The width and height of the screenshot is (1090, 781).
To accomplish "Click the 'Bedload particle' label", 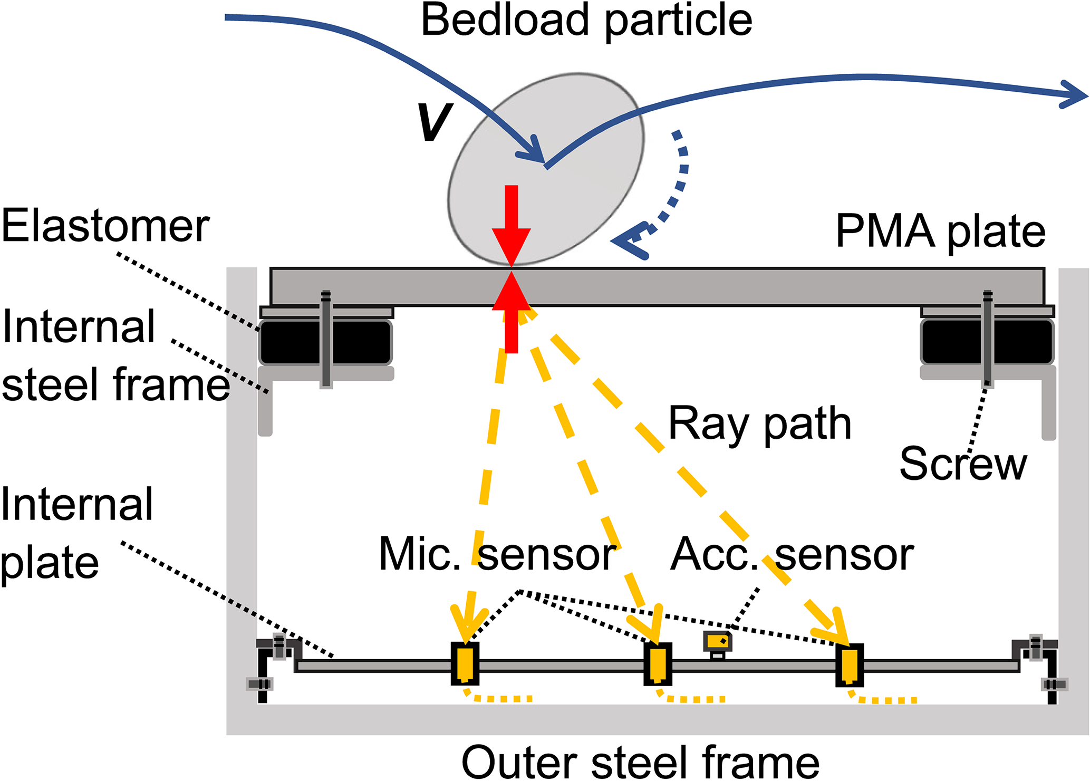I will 586,21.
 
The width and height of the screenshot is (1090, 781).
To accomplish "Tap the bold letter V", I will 435,122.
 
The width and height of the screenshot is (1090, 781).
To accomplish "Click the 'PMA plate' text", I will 940,232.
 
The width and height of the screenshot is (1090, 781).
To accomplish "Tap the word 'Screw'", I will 963,464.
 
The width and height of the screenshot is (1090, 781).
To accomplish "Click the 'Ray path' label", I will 760,424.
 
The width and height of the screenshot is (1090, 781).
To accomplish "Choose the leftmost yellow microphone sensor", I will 465,664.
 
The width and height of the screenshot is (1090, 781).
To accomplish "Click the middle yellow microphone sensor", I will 658,664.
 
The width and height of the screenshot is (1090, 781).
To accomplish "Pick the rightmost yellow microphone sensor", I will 850,665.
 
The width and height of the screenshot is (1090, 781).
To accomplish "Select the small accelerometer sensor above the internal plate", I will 717,642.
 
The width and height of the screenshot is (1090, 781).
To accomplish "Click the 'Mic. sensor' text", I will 497,555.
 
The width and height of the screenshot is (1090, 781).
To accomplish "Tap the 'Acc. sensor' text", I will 792,555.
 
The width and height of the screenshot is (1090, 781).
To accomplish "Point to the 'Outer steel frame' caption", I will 640,762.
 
